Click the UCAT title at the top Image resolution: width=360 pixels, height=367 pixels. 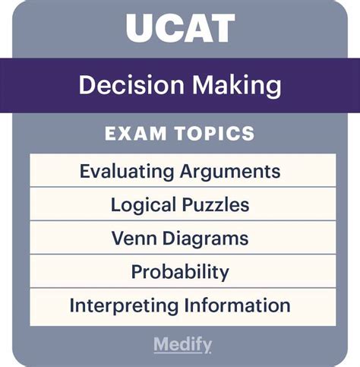point(180,28)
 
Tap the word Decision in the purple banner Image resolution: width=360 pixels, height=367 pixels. point(131,84)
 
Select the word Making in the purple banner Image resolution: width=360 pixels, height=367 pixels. point(237,86)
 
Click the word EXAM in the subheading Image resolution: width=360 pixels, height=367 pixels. point(135,133)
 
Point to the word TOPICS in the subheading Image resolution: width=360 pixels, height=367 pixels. point(215,133)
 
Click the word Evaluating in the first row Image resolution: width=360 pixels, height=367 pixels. point(127,171)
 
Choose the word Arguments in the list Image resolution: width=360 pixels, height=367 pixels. point(230,172)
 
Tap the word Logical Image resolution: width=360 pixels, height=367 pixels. point(144,205)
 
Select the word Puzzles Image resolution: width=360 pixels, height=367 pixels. point(216,204)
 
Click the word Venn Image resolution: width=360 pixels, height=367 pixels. point(134,238)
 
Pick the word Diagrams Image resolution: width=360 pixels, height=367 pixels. point(205,239)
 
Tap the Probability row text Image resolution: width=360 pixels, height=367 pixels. point(180,272)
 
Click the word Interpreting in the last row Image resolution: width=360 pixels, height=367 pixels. point(124,305)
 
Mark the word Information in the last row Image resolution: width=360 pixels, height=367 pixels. point(237,305)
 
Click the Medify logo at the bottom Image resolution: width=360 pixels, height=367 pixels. point(182,345)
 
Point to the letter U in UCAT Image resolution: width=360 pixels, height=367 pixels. point(139,28)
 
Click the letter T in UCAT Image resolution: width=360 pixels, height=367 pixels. point(223,28)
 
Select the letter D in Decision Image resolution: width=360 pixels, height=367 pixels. point(87,84)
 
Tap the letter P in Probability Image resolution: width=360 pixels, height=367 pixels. point(137,271)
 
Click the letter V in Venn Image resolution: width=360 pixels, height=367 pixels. point(118,238)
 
